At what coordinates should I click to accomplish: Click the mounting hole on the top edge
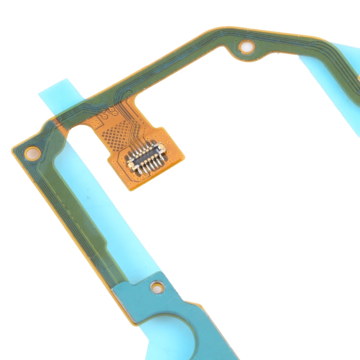[247, 47]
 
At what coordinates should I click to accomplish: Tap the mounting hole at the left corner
[33, 154]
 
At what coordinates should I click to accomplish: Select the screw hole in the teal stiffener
[156, 288]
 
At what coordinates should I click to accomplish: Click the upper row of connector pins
[143, 151]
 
